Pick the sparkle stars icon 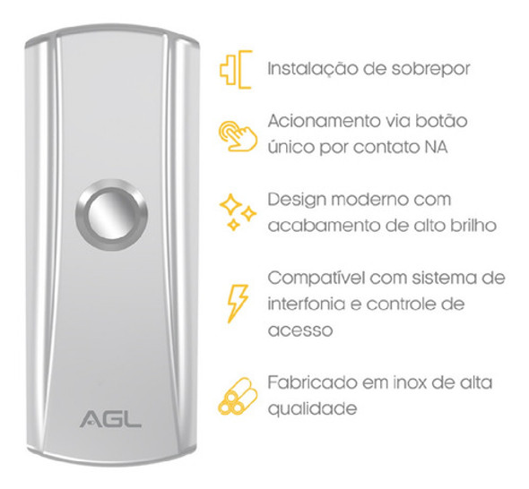[x=237, y=211]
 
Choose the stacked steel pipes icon [x=237, y=393]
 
